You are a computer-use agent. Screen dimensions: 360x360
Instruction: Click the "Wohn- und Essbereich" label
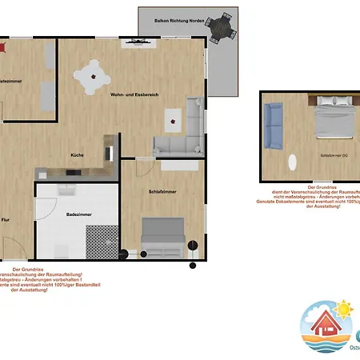point(135,94)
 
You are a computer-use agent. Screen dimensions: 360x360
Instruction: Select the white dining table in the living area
point(94,77)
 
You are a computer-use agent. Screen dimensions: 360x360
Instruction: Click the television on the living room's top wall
point(132,42)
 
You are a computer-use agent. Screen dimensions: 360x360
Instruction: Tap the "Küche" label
point(77,154)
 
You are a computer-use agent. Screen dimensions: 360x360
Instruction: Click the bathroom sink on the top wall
point(67,190)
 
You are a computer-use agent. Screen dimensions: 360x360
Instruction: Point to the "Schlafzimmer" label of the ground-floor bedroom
point(162,192)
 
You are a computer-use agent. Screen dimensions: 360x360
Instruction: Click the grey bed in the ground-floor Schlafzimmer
point(163,238)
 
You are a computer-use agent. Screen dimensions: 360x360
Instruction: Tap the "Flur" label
point(6,219)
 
